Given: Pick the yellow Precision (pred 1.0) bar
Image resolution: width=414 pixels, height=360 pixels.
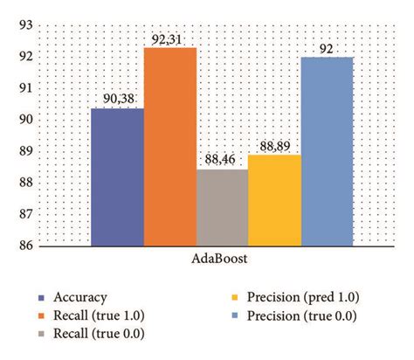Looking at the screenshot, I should pyautogui.click(x=274, y=200).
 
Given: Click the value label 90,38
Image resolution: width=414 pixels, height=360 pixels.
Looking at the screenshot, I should pyautogui.click(x=117, y=100).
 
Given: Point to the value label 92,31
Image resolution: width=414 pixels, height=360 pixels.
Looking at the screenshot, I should pyautogui.click(x=169, y=38).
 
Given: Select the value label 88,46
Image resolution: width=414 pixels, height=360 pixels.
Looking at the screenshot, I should pyautogui.click(x=222, y=161).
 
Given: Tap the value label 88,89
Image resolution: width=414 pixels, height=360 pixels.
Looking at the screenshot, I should pyautogui.click(x=274, y=147).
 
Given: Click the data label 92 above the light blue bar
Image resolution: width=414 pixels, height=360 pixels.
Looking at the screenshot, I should pyautogui.click(x=327, y=49).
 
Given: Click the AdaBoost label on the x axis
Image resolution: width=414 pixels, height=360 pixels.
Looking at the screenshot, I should pyautogui.click(x=222, y=260).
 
